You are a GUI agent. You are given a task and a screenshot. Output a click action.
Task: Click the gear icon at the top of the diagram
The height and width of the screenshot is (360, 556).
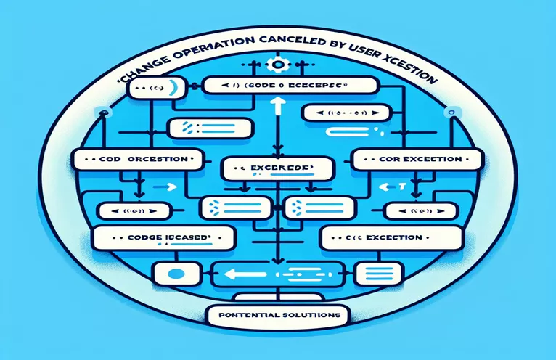[276, 65]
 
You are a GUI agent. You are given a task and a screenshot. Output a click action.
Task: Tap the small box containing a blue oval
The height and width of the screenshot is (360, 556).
[173, 274]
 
